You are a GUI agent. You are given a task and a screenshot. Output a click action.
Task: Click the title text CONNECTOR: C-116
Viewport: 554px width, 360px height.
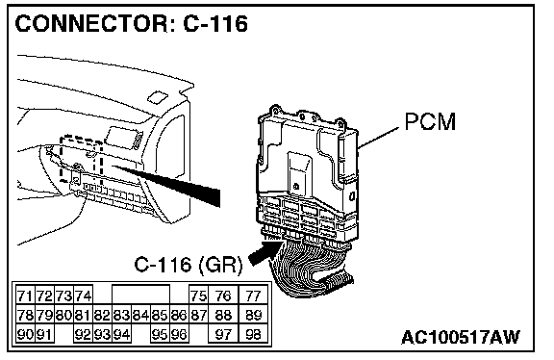[132, 24]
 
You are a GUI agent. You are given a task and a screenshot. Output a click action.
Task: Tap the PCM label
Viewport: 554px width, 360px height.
[430, 121]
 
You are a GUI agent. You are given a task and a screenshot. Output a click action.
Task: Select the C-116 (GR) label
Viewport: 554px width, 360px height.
[189, 265]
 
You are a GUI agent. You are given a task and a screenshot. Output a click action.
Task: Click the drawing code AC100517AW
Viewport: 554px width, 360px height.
[461, 337]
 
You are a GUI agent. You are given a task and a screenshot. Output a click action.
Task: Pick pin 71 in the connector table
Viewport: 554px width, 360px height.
[25, 296]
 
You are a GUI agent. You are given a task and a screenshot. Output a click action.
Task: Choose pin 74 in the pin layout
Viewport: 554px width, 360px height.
[83, 296]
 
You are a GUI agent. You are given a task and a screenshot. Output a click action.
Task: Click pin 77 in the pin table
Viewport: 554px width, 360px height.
[253, 296]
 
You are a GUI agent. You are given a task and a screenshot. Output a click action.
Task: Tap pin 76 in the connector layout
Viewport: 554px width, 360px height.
[224, 296]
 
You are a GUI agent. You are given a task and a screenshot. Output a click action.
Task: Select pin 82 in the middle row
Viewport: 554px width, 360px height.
[103, 315]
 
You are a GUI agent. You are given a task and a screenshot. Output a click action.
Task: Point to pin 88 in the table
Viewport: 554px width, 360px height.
[224, 315]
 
